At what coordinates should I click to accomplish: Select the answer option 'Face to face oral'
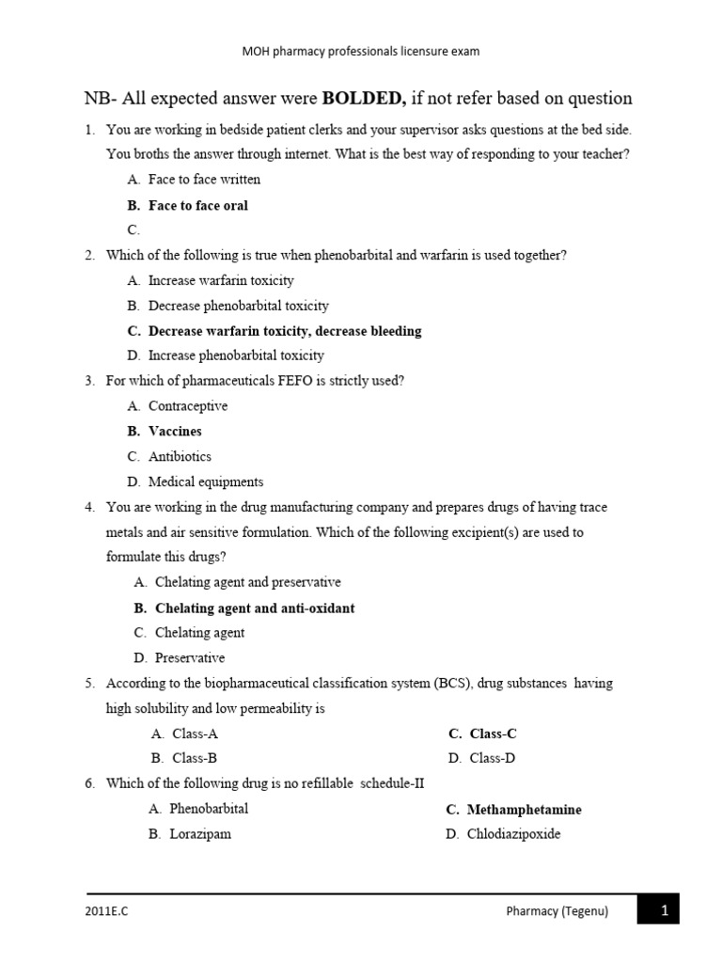[x=198, y=205]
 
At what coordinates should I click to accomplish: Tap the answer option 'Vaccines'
[x=175, y=431]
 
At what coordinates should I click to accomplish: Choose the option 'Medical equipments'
[x=206, y=481]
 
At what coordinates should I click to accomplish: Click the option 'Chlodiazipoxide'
[x=513, y=833]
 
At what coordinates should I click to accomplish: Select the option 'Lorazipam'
[x=200, y=833]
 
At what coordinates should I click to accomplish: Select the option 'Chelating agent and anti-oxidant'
[x=255, y=608]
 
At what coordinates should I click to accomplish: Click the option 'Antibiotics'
[x=180, y=456]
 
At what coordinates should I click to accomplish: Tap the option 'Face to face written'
[x=204, y=180]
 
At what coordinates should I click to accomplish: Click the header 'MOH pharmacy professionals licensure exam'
[x=361, y=53]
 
